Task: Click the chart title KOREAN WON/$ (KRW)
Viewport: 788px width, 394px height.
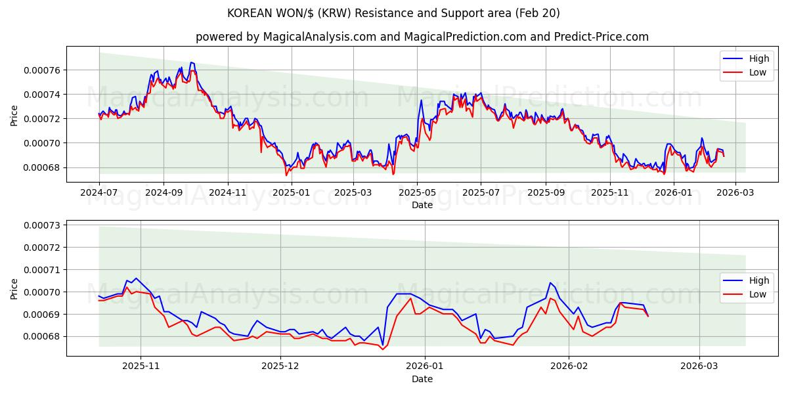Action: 393,13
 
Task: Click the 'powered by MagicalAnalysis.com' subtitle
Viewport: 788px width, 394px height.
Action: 422,37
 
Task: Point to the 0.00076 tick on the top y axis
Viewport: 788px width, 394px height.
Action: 42,70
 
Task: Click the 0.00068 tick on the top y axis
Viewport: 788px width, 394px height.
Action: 42,167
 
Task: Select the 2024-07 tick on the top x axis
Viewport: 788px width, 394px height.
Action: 99,193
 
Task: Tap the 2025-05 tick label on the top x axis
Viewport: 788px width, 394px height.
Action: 417,193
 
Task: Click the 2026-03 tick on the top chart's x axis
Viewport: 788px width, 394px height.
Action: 735,193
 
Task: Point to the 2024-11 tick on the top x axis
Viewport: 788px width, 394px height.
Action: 227,193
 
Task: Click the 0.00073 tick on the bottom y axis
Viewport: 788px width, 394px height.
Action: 42,225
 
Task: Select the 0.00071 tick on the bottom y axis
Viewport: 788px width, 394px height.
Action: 42,270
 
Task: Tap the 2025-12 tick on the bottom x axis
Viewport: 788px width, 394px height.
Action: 280,366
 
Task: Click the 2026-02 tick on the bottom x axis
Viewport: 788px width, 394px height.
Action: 569,366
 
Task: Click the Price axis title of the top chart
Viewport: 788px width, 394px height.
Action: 14,115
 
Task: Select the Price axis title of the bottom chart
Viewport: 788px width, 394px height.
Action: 14,288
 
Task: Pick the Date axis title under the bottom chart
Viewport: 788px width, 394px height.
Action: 422,379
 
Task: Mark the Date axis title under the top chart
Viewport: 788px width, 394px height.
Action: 422,205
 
